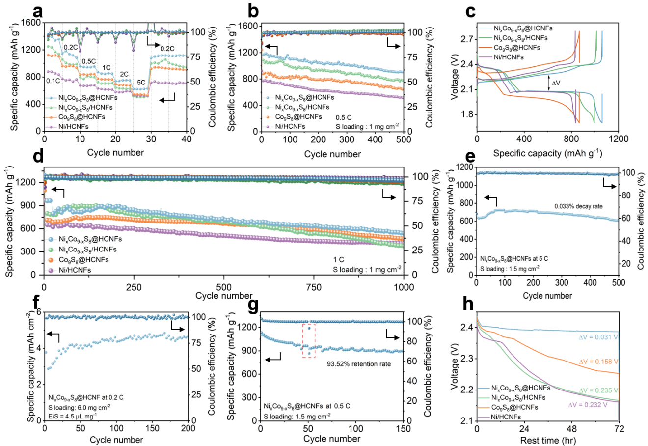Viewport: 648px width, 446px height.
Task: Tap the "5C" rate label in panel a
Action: [x=141, y=82]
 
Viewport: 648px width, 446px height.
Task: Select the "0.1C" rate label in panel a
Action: [x=53, y=81]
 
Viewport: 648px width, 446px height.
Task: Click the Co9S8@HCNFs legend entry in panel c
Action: [x=517, y=48]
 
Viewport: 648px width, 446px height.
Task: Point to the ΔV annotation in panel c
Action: [x=556, y=83]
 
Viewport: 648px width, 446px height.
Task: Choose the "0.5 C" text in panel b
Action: [x=344, y=118]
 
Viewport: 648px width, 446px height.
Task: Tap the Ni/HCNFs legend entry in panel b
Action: [x=290, y=126]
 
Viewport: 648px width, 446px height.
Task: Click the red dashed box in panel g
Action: [x=309, y=340]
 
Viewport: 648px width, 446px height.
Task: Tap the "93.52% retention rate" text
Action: [x=359, y=364]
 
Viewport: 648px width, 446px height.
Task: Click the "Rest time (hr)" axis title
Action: [x=547, y=440]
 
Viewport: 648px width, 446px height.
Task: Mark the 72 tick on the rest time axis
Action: [x=619, y=429]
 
